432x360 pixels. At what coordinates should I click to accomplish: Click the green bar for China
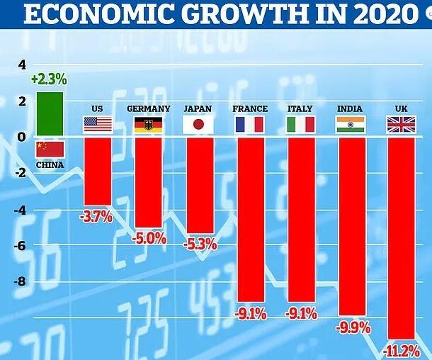[50, 115]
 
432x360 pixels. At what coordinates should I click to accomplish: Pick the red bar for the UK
[400, 238]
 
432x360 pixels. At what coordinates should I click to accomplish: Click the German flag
[148, 125]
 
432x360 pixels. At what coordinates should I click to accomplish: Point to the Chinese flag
[50, 149]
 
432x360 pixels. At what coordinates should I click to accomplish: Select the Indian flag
[350, 125]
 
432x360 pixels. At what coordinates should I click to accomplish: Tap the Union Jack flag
[400, 125]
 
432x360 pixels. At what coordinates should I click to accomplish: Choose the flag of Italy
[300, 125]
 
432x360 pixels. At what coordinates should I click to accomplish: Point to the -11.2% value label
[400, 351]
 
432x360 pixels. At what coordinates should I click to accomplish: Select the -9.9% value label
[350, 327]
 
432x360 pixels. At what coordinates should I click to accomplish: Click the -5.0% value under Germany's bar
[149, 239]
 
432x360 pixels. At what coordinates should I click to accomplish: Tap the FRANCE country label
[250, 108]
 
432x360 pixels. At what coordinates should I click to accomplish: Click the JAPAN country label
[198, 108]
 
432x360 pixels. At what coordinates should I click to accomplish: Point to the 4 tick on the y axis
[21, 65]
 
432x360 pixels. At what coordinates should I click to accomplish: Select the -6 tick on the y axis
[19, 246]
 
